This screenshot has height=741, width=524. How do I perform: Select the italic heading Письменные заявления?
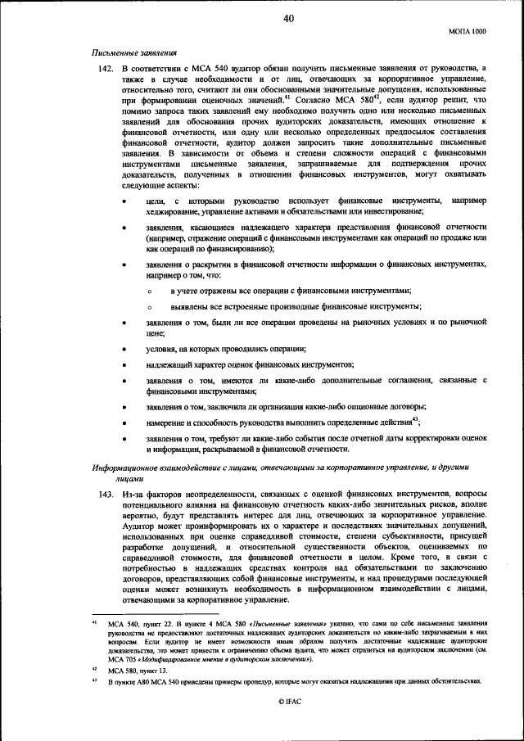click(x=135, y=51)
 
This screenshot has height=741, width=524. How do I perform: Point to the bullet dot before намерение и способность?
click(x=124, y=422)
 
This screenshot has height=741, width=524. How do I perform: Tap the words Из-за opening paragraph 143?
click(x=133, y=494)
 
